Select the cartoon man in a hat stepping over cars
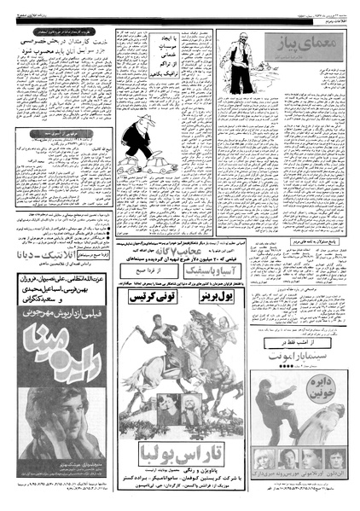coord(137,140)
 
